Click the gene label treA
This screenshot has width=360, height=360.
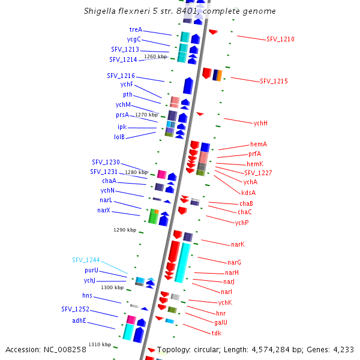tap(136, 29)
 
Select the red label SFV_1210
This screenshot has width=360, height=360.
tap(280, 39)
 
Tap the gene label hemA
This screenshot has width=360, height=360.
tap(259, 145)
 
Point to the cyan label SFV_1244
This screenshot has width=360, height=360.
tap(86, 260)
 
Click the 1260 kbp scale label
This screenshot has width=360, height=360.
tap(155, 56)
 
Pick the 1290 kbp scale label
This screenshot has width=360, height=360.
tap(125, 230)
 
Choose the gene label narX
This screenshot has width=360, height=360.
tap(104, 210)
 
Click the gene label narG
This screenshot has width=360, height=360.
tap(234, 262)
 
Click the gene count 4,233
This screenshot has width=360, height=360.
tap(341, 349)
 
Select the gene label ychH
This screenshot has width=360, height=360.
tap(260, 123)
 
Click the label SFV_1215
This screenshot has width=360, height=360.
tap(274, 81)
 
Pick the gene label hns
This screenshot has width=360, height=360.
tap(88, 295)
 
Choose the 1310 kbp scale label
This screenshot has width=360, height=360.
tap(100, 344)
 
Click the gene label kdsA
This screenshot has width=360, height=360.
tap(248, 193)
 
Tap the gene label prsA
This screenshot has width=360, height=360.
tap(122, 115)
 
